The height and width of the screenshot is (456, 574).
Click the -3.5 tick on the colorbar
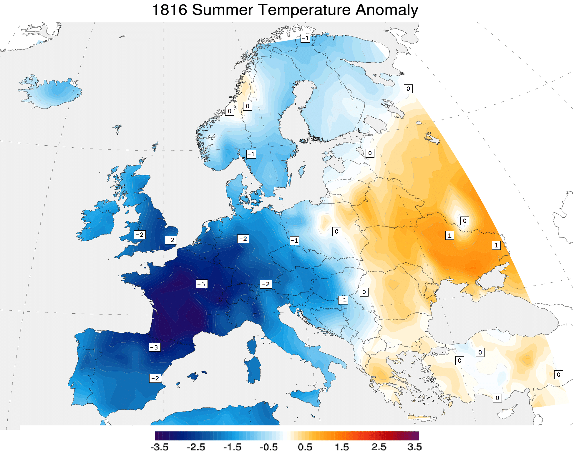tap(160, 447)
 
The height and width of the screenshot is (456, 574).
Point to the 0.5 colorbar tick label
tap(305, 447)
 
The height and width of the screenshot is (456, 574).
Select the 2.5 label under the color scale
tap(379, 447)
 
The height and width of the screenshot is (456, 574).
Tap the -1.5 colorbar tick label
tap(232, 447)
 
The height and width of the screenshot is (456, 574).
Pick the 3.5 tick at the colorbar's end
tap(414, 447)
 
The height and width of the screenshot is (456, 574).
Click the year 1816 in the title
tap(170, 10)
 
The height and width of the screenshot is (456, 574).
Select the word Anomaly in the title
tap(387, 10)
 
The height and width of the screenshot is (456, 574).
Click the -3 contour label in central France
tap(202, 284)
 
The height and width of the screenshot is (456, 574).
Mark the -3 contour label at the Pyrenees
tap(155, 347)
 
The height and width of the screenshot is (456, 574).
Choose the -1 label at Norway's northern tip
tap(306, 38)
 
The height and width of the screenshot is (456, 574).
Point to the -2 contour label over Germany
tap(243, 239)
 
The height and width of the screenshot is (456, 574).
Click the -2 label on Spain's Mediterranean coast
tap(155, 378)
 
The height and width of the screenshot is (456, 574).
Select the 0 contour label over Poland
tap(337, 232)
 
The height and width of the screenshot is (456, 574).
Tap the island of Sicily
tap(306, 397)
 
